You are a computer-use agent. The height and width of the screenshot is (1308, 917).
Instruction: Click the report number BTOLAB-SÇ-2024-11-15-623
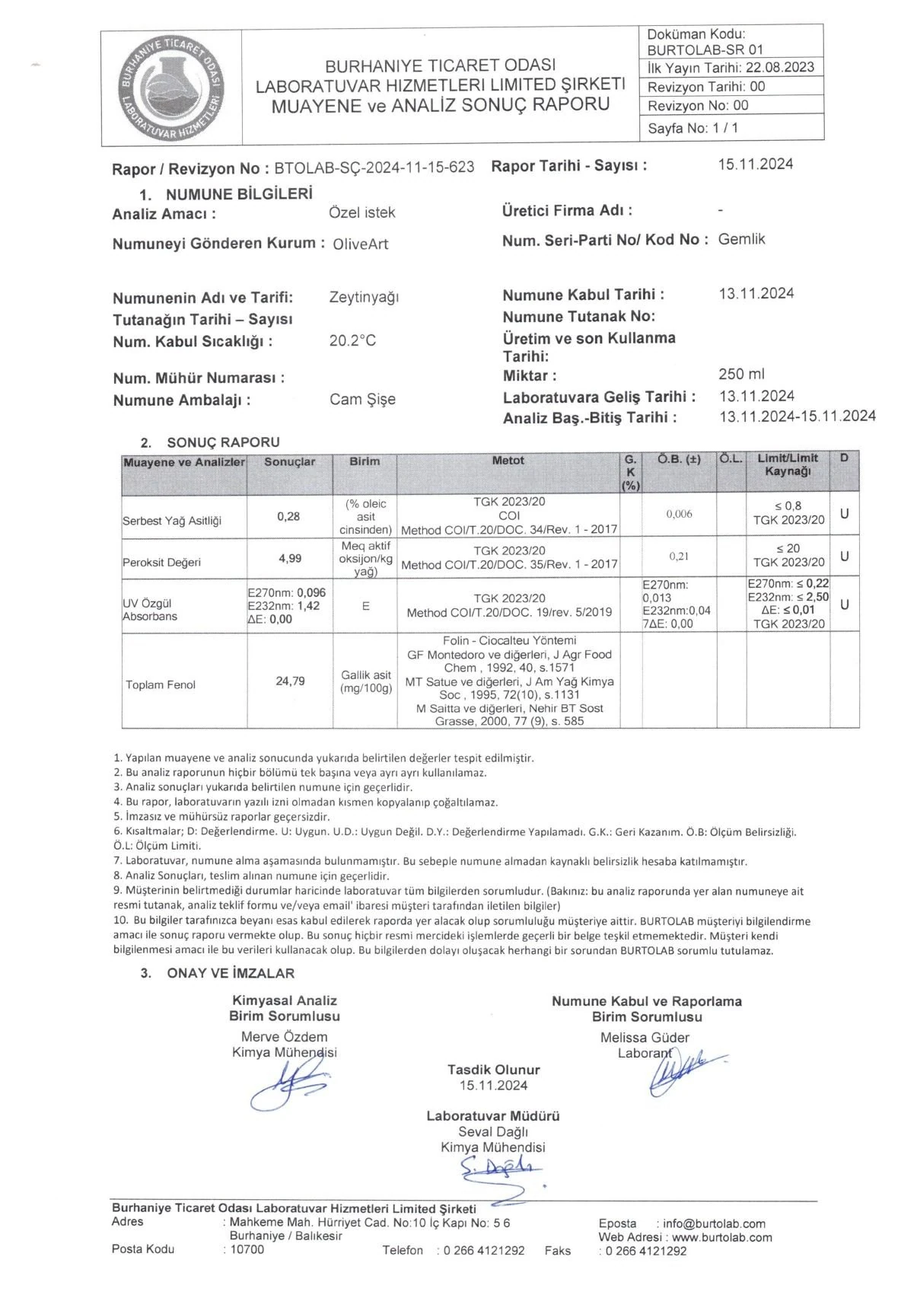tap(374, 167)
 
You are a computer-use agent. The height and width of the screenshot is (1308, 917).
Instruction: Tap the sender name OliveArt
tap(361, 244)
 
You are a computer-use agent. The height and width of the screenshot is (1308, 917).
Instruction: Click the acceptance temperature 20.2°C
tap(352, 341)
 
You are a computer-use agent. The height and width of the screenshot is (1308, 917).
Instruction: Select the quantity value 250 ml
tap(741, 374)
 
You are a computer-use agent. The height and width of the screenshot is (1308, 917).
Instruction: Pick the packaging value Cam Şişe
tap(362, 400)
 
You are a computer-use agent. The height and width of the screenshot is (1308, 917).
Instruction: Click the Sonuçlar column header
tap(289, 462)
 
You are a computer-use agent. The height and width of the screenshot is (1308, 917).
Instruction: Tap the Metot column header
tap(508, 461)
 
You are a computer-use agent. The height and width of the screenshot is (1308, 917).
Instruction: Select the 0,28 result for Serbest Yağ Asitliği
tap(289, 516)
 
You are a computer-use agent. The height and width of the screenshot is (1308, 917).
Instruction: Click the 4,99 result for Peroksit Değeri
tap(290, 558)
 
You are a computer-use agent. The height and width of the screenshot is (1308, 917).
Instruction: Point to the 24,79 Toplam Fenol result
tap(290, 681)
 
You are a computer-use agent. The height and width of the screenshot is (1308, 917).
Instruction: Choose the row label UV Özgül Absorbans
tap(150, 610)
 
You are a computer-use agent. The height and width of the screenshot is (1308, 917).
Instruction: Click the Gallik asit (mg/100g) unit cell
tap(365, 681)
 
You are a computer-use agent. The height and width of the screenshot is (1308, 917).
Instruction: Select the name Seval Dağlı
tap(493, 1132)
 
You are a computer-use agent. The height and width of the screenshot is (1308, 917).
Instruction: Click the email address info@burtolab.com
tap(714, 1224)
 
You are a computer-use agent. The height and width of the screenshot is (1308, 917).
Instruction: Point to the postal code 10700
tap(247, 1249)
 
